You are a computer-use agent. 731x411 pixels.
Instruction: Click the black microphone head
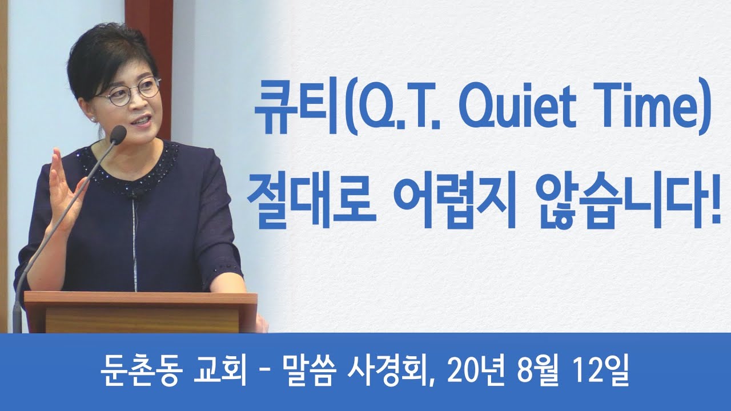118,134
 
